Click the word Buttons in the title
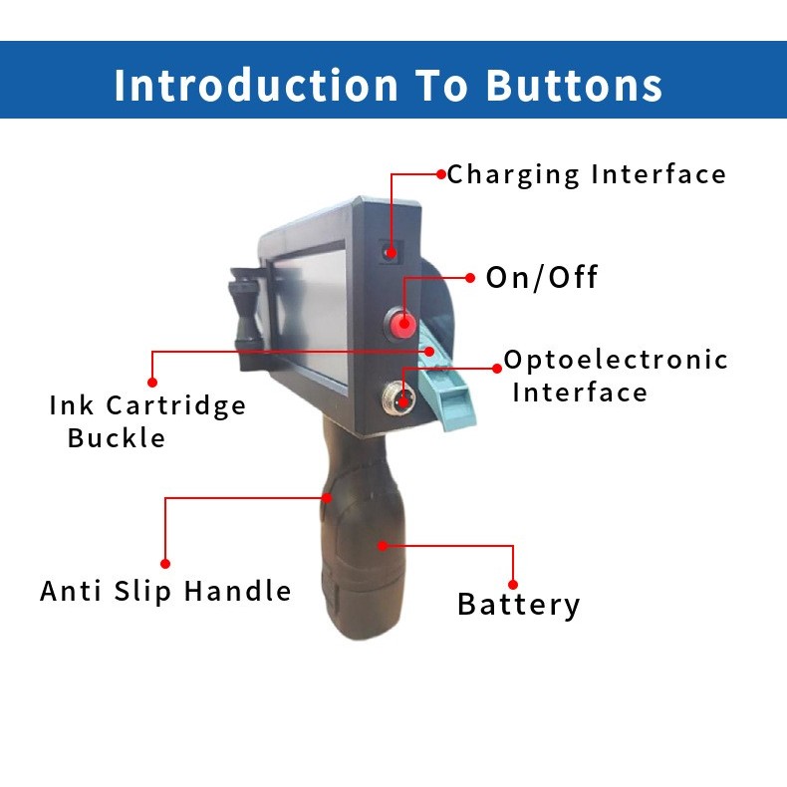(x=574, y=85)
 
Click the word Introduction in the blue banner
(x=256, y=85)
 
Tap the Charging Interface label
(x=586, y=175)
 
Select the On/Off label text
(x=542, y=278)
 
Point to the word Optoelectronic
(x=616, y=361)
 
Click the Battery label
(x=519, y=605)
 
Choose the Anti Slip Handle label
(x=165, y=591)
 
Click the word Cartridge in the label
(x=175, y=406)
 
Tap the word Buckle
(x=117, y=438)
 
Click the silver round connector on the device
(x=399, y=398)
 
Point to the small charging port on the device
(x=390, y=251)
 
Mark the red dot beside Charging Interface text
(x=441, y=174)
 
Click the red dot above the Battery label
(x=513, y=585)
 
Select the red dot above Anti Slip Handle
(x=165, y=564)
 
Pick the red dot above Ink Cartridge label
(x=152, y=383)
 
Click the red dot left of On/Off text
(x=470, y=278)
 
